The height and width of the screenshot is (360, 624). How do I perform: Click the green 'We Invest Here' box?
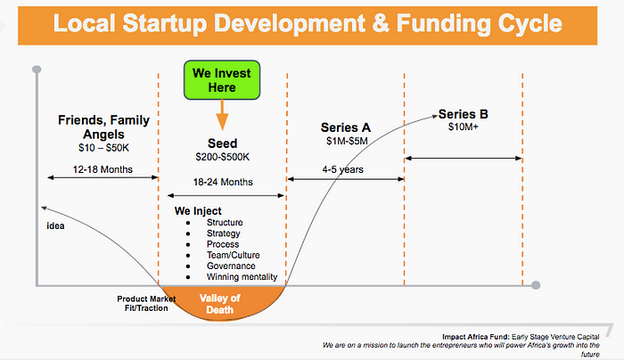222,80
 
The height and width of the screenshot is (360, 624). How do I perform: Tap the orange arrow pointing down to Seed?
222,115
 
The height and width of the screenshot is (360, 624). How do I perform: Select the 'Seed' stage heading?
223,143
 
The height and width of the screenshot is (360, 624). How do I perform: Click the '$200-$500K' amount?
223,157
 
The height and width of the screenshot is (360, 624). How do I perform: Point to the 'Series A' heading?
346,127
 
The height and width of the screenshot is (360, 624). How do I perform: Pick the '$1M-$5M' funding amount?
347,141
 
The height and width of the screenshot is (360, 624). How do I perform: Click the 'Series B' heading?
464,114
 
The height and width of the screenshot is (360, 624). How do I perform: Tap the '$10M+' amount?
464,127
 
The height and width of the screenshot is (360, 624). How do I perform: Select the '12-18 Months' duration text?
103,169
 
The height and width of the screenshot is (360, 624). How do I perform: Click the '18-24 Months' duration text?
223,182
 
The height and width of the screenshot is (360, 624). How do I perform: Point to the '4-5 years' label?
342,169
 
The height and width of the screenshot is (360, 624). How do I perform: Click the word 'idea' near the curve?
55,226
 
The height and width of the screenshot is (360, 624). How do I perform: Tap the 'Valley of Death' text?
219,304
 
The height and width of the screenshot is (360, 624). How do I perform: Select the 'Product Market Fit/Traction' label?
146,304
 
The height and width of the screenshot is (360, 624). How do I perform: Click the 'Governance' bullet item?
231,266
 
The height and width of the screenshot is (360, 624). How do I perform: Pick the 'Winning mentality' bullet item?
242,277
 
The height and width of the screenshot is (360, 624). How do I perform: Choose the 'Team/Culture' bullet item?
234,255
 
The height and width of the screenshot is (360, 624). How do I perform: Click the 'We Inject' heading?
198,211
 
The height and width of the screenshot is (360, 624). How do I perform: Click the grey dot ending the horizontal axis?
536,285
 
